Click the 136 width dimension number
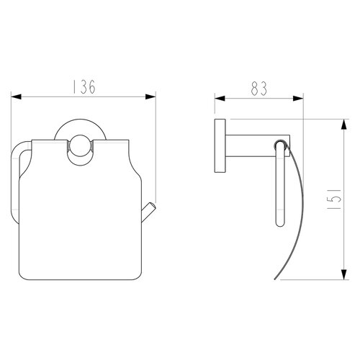click(84, 86)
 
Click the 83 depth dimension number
click(259, 89)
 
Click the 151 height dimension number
click(334, 199)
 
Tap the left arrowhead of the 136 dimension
click(17, 96)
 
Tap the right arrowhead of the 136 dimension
click(150, 96)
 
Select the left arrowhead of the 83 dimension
click(220, 98)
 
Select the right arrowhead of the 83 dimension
click(298, 98)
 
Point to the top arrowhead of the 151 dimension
click(344, 125)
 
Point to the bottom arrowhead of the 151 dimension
click(344, 274)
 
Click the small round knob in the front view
click(80, 146)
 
